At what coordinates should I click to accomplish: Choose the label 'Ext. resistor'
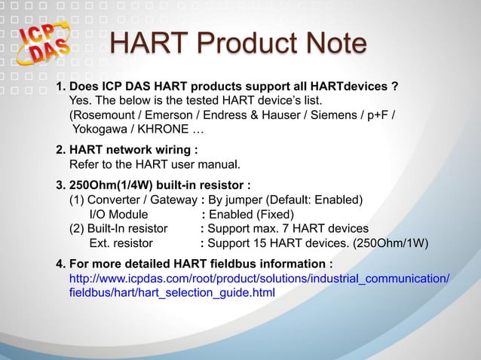click(x=121, y=243)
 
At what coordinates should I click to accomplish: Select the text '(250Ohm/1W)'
click(x=392, y=243)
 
